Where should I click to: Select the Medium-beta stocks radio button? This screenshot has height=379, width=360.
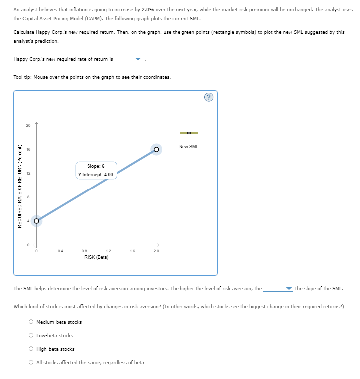tap(31, 322)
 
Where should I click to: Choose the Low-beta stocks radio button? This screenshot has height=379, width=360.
tap(31, 336)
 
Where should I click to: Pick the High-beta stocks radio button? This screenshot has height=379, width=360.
tap(31, 349)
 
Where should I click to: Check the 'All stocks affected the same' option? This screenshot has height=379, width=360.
tap(31, 363)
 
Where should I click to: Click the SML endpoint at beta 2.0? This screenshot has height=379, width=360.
tap(156, 149)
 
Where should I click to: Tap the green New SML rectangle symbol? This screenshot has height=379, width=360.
tap(189, 133)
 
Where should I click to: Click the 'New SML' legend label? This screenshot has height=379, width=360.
tap(189, 146)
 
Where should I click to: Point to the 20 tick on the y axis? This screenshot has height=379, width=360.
tap(28, 125)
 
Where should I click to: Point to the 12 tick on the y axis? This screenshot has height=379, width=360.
tap(28, 173)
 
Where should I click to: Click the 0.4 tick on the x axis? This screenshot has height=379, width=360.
tap(60, 251)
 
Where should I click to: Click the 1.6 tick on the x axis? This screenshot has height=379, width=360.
tap(132, 251)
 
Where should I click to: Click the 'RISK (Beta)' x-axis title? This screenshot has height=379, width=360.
tap(96, 257)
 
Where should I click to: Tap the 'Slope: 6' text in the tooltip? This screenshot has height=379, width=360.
tap(96, 166)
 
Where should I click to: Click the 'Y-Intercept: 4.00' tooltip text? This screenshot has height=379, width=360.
tap(96, 174)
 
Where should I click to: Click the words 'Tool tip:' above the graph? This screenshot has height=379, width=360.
tap(24, 77)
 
